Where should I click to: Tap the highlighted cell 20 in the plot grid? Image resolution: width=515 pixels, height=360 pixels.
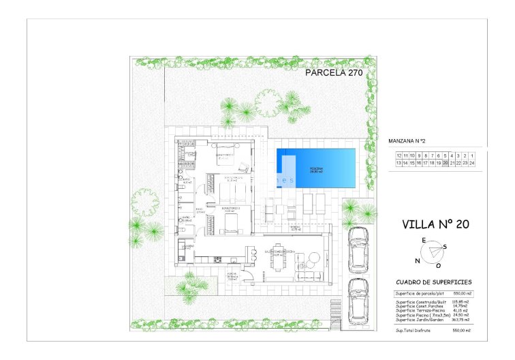pyautogui.click(x=446, y=163)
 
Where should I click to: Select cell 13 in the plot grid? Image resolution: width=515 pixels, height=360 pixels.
pyautogui.click(x=399, y=163)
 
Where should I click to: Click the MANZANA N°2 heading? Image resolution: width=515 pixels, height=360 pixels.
pyautogui.click(x=407, y=141)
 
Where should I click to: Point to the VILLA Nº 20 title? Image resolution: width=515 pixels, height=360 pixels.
pyautogui.click(x=435, y=224)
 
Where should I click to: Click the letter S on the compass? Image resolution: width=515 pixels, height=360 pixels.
pyautogui.click(x=445, y=246)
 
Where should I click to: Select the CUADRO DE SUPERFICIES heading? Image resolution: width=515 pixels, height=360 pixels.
pyautogui.click(x=433, y=282)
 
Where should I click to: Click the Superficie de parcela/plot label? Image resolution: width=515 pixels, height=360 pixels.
pyautogui.click(x=418, y=293)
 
